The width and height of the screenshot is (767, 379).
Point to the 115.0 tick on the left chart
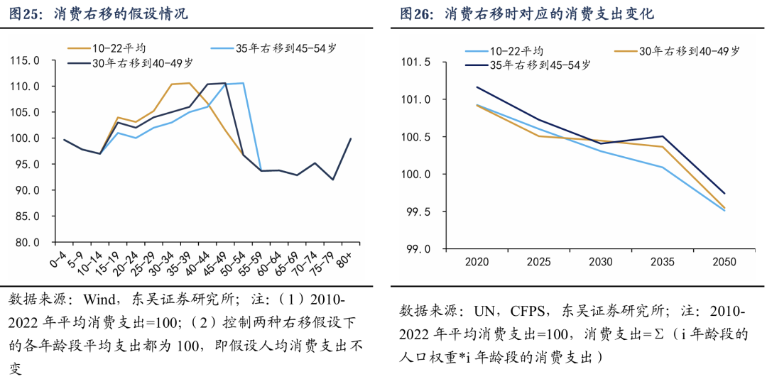pos(25,60)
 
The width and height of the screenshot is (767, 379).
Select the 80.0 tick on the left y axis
pos(26,242)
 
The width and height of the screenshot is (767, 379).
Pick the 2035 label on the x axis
pos(663,262)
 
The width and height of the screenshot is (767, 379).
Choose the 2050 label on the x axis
pos(724,262)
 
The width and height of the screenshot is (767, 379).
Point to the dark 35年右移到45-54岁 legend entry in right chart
pos(540,65)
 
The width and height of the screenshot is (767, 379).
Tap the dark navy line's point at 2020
pos(477,87)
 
